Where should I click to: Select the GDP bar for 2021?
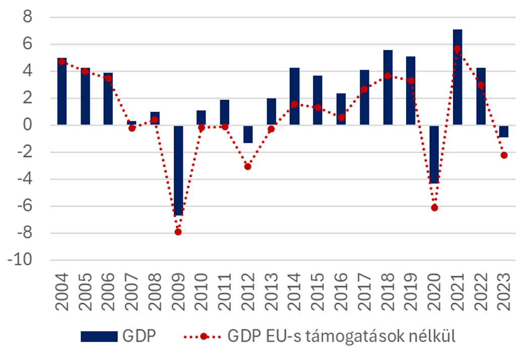[457, 77]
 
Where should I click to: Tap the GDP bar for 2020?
[434, 154]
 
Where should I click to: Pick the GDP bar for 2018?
[387, 87]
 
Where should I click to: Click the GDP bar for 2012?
[248, 134]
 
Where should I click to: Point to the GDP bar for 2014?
[295, 96]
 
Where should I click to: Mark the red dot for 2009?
[178, 232]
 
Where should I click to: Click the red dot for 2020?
[434, 207]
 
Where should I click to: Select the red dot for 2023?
[504, 155]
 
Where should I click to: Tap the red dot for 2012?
[248, 166]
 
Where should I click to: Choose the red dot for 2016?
[341, 117]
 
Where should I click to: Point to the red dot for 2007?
[131, 128]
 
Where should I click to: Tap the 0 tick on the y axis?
[28, 125]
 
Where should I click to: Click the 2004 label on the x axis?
[62, 287]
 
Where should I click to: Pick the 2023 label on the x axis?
[504, 287]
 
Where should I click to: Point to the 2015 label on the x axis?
[318, 287]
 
